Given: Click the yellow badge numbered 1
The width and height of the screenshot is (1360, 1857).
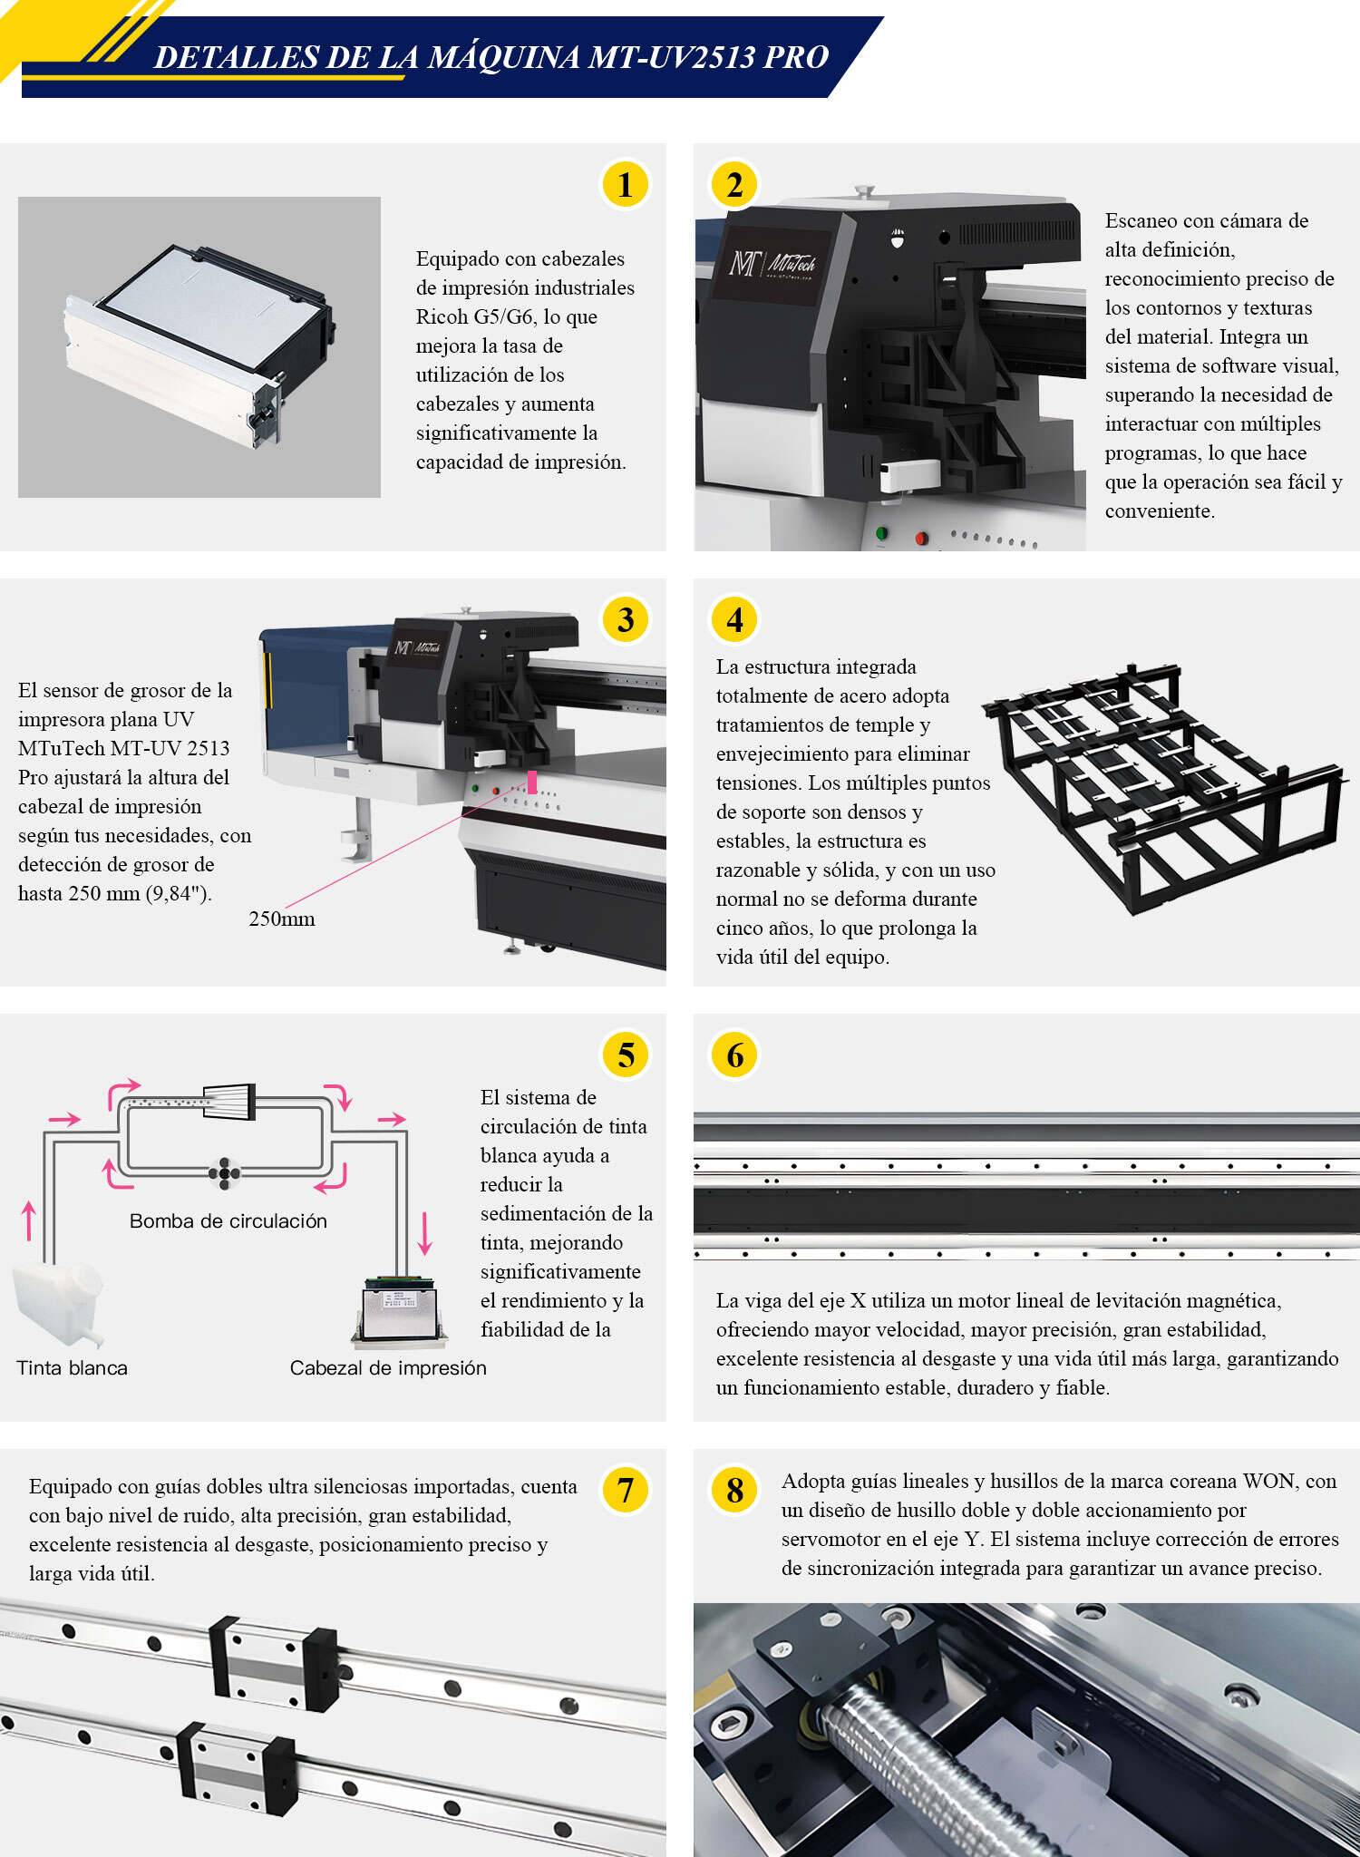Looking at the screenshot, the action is pyautogui.click(x=625, y=184).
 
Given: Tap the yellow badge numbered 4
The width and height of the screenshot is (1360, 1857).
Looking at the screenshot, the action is pyautogui.click(x=734, y=619).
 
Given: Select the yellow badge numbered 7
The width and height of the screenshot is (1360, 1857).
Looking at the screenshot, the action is pyautogui.click(x=625, y=1490).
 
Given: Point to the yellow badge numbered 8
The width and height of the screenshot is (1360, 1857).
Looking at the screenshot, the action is pyautogui.click(x=734, y=1490).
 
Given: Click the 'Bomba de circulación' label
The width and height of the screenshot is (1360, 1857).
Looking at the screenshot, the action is pyautogui.click(x=228, y=1220).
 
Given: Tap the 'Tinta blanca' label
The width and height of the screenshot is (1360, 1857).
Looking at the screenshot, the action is pyautogui.click(x=72, y=1367).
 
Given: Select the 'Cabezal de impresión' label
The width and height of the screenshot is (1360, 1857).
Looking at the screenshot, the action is pyautogui.click(x=388, y=1367).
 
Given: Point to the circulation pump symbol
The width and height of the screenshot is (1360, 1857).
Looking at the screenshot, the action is pyautogui.click(x=224, y=1173).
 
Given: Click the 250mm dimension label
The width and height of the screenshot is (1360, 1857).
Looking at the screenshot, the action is pyautogui.click(x=282, y=919).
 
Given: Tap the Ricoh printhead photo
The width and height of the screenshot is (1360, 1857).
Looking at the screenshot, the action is pyautogui.click(x=199, y=346).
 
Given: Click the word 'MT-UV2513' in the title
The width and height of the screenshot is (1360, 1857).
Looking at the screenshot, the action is pyautogui.click(x=671, y=57).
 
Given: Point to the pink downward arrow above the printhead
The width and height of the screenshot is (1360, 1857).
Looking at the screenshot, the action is pyautogui.click(x=424, y=1233).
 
